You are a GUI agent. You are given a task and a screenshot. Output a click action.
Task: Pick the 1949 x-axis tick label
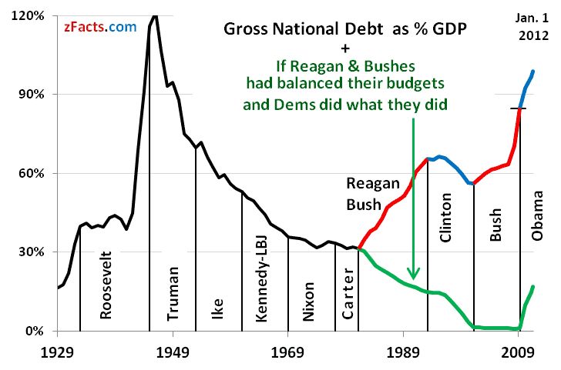tap(173, 350)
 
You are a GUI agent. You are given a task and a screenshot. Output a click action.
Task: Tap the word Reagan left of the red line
tap(373, 184)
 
